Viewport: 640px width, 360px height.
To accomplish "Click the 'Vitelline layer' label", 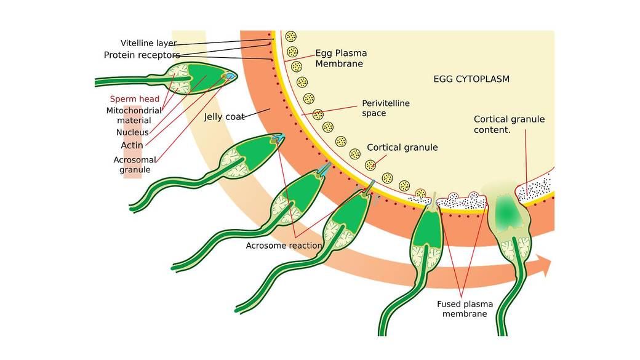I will click(148, 43).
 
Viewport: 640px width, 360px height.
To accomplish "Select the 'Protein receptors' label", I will click(142, 55).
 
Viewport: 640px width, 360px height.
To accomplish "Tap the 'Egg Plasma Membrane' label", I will click(339, 58).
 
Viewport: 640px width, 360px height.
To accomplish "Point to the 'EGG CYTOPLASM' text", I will click(471, 79).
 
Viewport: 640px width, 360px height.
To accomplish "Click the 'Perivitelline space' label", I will click(386, 108).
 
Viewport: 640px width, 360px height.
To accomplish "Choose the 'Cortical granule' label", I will click(402, 148).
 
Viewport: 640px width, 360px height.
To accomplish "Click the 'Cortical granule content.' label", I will click(509, 124).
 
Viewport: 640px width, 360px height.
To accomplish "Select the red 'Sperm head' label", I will click(134, 98).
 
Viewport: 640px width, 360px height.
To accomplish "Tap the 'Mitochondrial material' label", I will click(134, 116).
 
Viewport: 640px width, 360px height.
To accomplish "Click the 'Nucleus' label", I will click(132, 132).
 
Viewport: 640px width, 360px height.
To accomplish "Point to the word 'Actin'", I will click(132, 145).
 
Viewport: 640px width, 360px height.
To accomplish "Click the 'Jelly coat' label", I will click(225, 116).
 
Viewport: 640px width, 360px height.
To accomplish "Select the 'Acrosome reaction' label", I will click(284, 246).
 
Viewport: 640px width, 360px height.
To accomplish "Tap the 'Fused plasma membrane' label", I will click(462, 309).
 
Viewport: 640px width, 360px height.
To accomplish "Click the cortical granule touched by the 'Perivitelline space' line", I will click(318, 114).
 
